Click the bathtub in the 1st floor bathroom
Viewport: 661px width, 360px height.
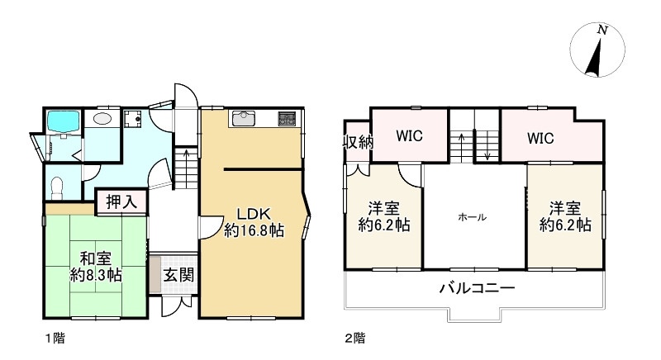click(62, 122)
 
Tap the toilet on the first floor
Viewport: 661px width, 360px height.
click(56, 186)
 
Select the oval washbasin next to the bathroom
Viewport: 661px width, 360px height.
click(103, 119)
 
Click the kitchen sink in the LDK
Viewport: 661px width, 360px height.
click(245, 118)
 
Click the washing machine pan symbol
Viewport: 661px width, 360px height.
click(133, 121)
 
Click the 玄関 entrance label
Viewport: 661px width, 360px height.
click(174, 273)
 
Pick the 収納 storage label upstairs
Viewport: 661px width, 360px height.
click(358, 141)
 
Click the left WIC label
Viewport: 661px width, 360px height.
click(409, 136)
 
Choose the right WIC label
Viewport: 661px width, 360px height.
click(540, 136)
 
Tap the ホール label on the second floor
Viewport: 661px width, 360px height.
click(473, 217)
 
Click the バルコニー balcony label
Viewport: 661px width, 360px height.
click(477, 289)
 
